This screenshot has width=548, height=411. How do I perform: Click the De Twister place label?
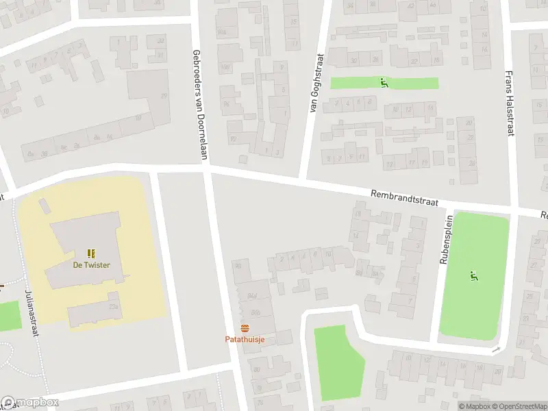pyautogui.click(x=92, y=265)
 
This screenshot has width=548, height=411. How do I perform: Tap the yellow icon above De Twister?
pyautogui.click(x=92, y=253)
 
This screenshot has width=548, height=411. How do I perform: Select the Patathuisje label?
pyautogui.click(x=245, y=339)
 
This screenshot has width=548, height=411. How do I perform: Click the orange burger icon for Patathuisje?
pyautogui.click(x=245, y=327)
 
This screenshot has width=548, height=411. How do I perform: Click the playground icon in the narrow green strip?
pyautogui.click(x=384, y=83)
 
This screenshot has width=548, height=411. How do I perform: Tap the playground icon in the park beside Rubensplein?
pyautogui.click(x=473, y=275)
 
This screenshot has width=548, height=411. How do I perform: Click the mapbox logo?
pyautogui.click(x=29, y=403)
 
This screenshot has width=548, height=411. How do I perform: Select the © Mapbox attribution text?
pyautogui.click(x=475, y=406)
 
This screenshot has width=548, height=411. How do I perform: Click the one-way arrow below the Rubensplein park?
pyautogui.click(x=495, y=351)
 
